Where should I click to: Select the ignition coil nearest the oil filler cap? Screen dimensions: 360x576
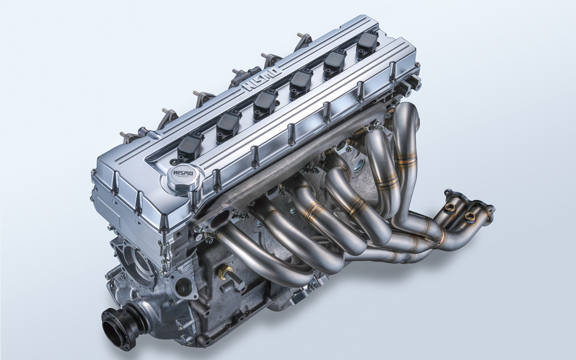click(190, 145)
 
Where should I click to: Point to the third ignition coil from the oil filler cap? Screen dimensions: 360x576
click(265, 103)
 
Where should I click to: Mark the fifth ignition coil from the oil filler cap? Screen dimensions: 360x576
click(334, 63)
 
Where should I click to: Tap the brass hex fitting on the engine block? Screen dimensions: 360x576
click(226, 271)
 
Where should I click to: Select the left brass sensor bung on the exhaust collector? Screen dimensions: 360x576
click(449, 207)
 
